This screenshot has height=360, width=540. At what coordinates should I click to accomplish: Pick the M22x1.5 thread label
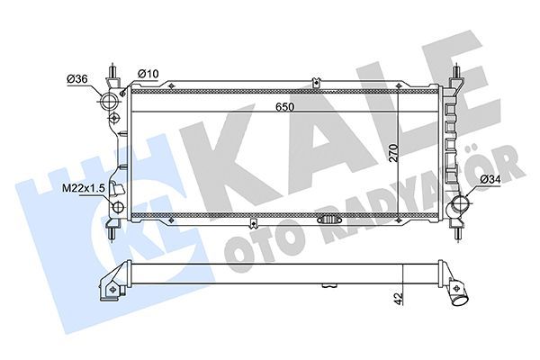tap(83, 188)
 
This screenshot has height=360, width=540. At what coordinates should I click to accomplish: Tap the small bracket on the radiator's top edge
tap(316, 85)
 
